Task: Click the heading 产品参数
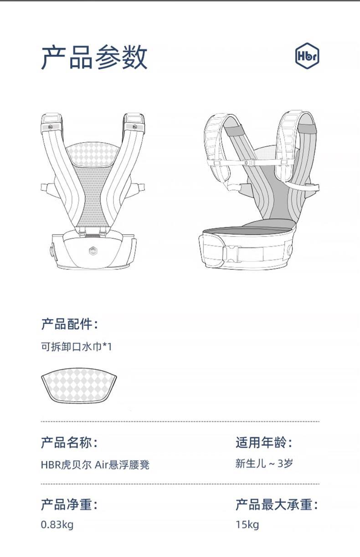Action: pos(94,58)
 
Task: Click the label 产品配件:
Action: pos(69,324)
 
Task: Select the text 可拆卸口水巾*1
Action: pos(76,347)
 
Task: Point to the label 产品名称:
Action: pos(69,442)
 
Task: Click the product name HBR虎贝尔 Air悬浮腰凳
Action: pos(95,465)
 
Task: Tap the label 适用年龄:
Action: pos(264,442)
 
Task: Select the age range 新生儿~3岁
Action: pos(264,464)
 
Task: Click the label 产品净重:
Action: pos(69,505)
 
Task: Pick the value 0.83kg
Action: pos(57,525)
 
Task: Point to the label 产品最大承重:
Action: pos(277,505)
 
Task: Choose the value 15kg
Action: pos(247,525)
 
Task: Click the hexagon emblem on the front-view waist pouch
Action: pos(94,250)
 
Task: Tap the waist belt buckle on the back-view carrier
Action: pos(232,252)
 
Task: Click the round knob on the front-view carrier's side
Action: pos(51,251)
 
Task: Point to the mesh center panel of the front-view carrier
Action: pos(94,196)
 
